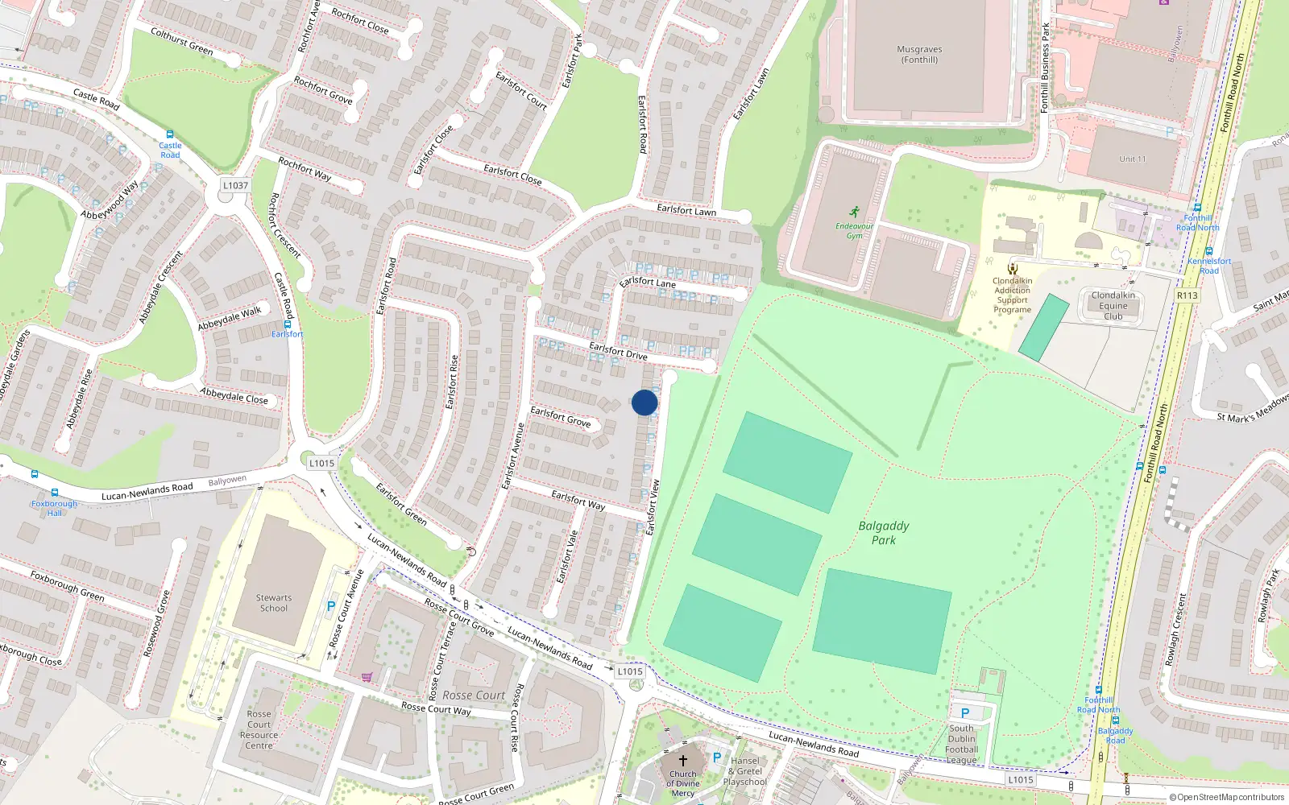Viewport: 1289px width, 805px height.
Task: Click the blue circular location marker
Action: [644, 402]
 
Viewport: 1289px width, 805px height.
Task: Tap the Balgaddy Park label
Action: [884, 533]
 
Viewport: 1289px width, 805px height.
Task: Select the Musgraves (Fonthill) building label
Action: [919, 54]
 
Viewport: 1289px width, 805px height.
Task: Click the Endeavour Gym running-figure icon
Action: [855, 213]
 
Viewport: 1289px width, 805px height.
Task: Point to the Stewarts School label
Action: [274, 603]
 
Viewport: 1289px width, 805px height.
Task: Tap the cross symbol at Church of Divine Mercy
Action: [683, 760]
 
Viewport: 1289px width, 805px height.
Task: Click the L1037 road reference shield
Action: [235, 185]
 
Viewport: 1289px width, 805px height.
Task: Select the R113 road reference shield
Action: [1187, 295]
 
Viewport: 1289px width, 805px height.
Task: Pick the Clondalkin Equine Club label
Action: [1113, 306]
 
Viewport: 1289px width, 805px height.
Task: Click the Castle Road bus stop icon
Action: [169, 134]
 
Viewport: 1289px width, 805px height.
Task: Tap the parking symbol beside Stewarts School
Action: [330, 607]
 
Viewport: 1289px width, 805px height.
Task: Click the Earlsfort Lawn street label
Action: [686, 209]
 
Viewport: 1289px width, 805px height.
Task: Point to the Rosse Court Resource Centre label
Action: [259, 729]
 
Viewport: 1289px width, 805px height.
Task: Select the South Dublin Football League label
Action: [961, 744]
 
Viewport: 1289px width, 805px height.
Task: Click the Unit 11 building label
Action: [1132, 159]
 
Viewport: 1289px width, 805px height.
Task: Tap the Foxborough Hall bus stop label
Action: [54, 508]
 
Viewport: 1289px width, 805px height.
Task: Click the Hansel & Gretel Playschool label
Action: [745, 771]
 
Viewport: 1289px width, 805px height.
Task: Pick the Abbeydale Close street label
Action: [234, 395]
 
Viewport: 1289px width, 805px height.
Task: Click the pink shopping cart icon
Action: [367, 677]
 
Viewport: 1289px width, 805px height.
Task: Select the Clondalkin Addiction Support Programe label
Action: [1012, 295]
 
